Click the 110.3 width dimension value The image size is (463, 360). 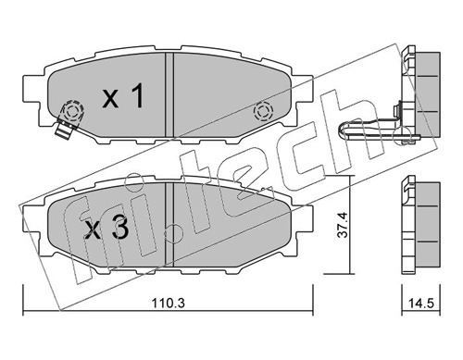tap(168, 304)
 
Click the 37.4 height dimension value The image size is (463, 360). tap(343, 224)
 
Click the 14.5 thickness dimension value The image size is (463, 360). tap(421, 303)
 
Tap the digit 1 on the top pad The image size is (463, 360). tap(138, 96)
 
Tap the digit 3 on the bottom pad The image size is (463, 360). tap(120, 230)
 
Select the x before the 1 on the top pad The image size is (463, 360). tap(110, 100)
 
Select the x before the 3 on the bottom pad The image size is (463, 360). tap(93, 231)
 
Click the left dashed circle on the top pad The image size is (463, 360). tap(72, 111)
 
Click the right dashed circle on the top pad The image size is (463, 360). tap(263, 111)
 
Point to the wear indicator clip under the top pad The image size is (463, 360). tap(65, 129)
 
